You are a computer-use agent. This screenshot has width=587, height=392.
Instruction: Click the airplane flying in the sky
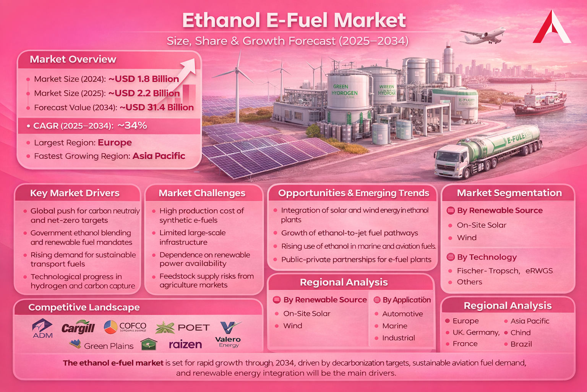coord(482,36)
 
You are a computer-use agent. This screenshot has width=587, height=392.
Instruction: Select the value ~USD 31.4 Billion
coord(157,108)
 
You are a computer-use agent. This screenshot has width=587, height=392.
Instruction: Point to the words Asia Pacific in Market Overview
coord(159,156)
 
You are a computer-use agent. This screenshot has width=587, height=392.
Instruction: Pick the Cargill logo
coord(78,327)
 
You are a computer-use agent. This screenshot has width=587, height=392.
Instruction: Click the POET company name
coord(193,328)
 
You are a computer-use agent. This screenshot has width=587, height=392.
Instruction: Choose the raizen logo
coord(185,345)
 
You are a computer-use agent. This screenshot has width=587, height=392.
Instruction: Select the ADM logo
coord(42,329)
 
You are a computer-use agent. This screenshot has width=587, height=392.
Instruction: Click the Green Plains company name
coord(109,346)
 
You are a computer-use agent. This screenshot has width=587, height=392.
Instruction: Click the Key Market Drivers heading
coord(75,193)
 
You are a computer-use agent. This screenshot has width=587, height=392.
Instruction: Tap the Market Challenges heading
coord(202,193)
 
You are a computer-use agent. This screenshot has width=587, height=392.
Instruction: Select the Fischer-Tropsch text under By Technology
coord(488,271)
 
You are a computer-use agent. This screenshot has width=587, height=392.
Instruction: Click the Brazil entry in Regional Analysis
coord(521,344)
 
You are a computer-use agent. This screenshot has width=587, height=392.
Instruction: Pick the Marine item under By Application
coord(395,326)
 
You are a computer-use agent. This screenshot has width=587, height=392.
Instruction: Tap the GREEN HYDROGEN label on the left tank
coord(345,90)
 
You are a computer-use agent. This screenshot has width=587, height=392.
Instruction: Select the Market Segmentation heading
coord(509,193)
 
